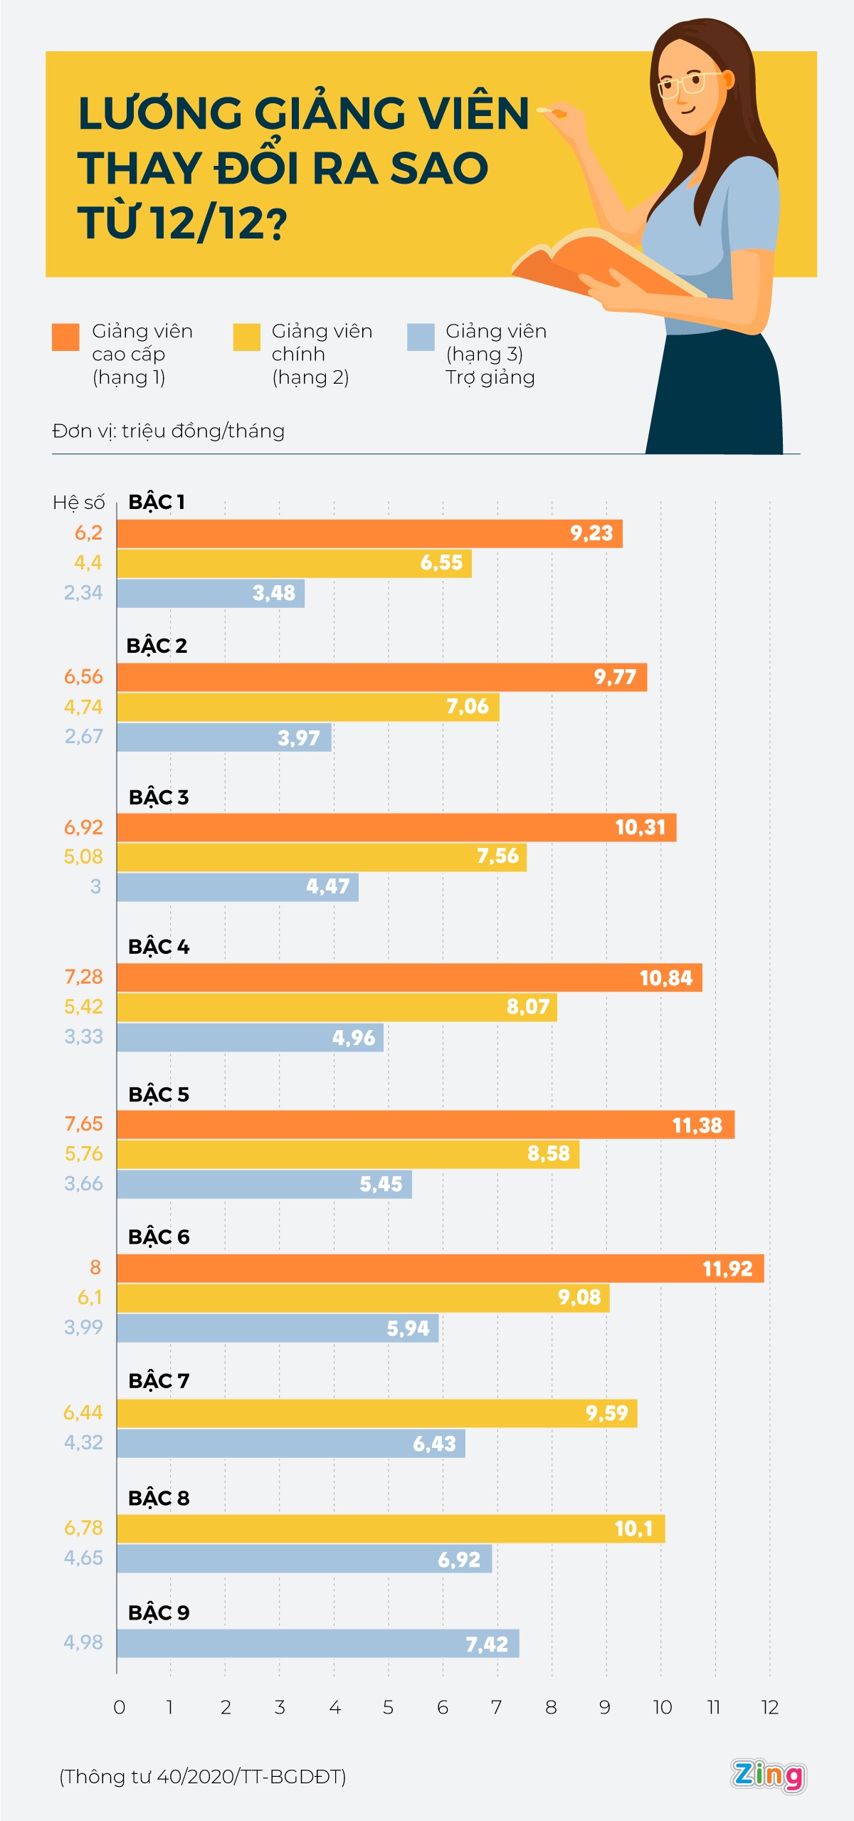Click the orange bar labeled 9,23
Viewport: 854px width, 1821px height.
[x=369, y=534]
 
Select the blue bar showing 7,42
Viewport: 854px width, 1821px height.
[x=317, y=1644]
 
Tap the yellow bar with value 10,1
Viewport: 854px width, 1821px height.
[x=391, y=1528]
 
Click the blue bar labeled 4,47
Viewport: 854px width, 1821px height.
[x=238, y=887]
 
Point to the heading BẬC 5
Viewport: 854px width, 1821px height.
[x=159, y=1094]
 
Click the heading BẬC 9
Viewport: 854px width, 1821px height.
[x=159, y=1612]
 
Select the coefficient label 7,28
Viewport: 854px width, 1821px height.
[x=83, y=977]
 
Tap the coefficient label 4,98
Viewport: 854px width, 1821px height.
[x=83, y=1642]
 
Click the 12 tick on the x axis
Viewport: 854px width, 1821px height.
[x=770, y=1707]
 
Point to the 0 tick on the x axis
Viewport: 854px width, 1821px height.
[x=120, y=1707]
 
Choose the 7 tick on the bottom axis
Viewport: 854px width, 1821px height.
[x=497, y=1707]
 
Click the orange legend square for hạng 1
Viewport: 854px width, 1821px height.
[x=65, y=337]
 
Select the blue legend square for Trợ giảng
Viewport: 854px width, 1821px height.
[x=421, y=337]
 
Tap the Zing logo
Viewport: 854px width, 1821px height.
[x=768, y=1775]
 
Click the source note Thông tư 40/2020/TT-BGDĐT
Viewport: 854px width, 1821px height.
[x=203, y=1777]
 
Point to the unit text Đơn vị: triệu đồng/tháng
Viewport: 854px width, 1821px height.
[x=169, y=431]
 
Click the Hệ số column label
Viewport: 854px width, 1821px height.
[x=78, y=503]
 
